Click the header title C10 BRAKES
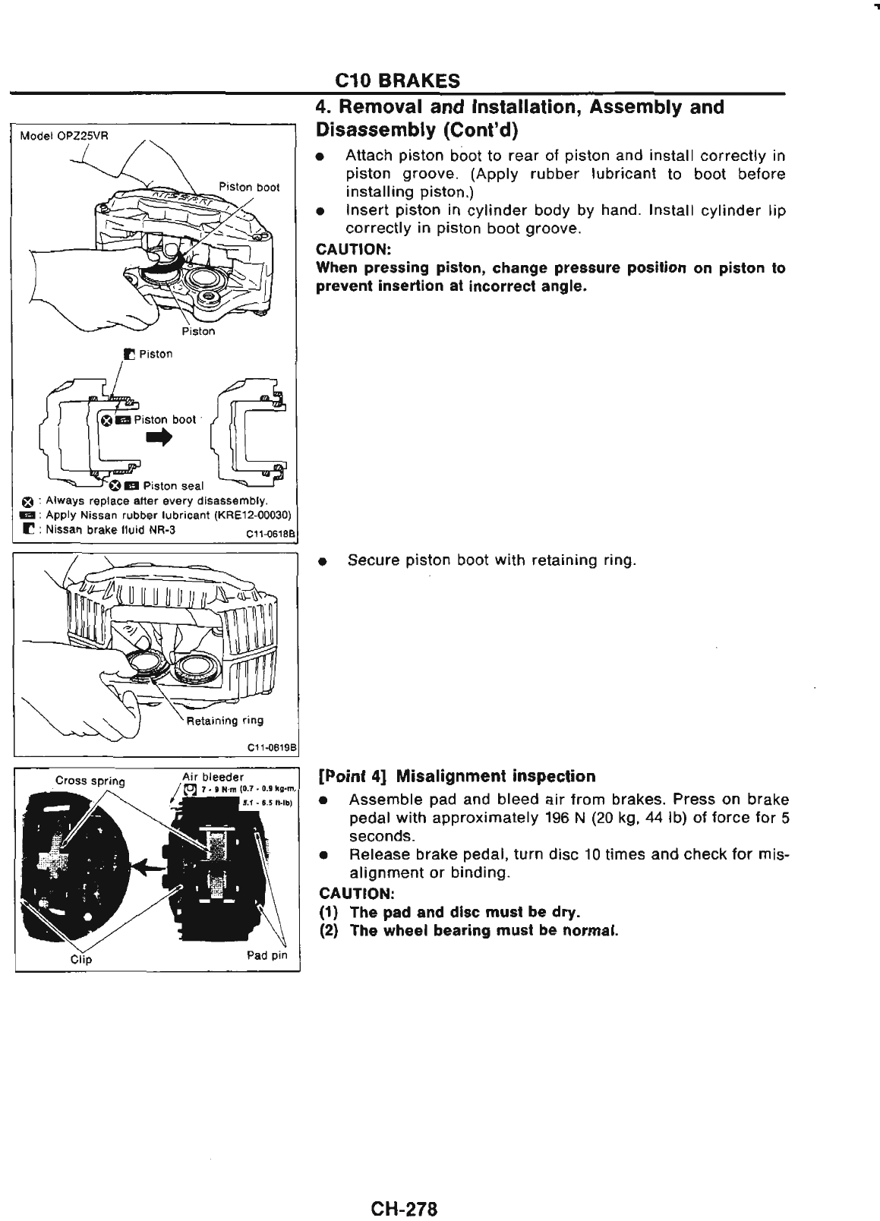tap(398, 80)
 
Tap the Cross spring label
tap(90, 781)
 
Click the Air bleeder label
tap(213, 777)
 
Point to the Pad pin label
tap(267, 954)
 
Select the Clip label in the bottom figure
tap(80, 958)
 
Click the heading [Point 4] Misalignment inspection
tap(457, 776)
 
